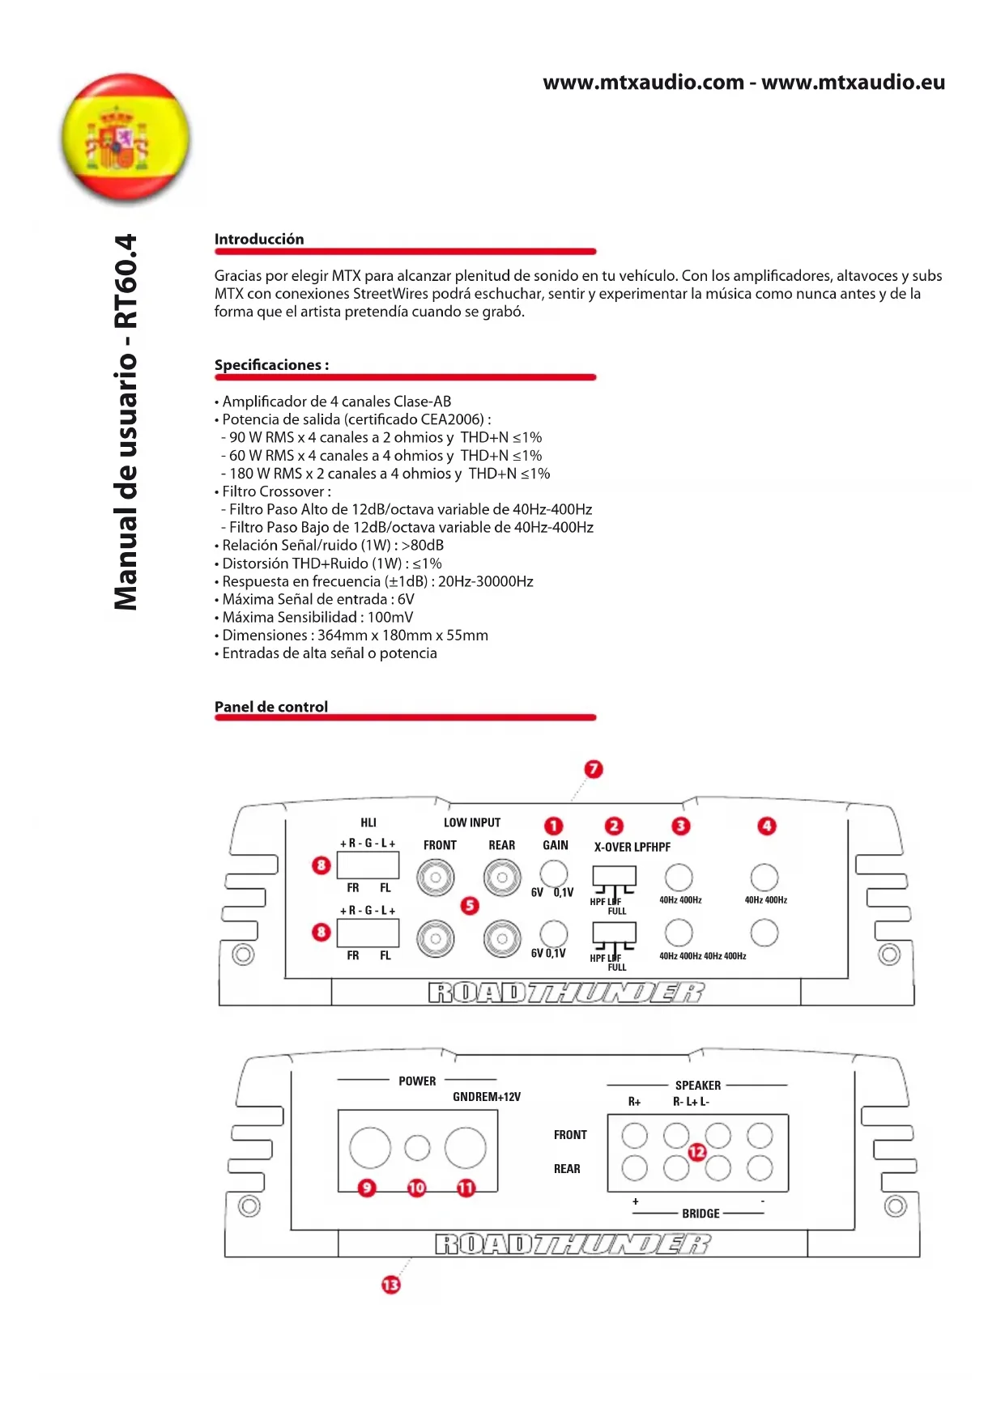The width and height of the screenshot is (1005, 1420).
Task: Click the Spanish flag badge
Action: (126, 138)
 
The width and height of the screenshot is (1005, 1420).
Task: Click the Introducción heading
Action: (259, 239)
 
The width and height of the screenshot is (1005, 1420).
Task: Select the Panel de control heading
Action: (271, 707)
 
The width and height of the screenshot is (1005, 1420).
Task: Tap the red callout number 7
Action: (594, 768)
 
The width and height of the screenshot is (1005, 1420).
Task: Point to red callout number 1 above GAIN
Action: (553, 826)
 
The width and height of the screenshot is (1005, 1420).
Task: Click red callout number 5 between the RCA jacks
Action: (470, 905)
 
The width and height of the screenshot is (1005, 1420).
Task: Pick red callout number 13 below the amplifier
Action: (391, 1285)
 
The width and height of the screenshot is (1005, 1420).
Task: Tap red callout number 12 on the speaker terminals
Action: (696, 1151)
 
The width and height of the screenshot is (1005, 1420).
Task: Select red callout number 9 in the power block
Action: (367, 1188)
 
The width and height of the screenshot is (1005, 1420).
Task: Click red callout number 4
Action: (766, 826)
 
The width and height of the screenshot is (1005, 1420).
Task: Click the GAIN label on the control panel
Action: (556, 845)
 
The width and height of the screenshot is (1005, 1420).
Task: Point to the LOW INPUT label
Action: (472, 823)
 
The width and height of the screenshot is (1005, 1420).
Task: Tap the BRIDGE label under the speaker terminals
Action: (701, 1214)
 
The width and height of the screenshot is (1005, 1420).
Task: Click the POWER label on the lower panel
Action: (417, 1081)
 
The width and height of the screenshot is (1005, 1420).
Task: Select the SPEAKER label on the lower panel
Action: (698, 1086)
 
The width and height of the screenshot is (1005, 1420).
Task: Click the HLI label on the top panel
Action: (368, 823)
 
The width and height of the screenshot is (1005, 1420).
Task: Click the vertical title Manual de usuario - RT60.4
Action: (126, 422)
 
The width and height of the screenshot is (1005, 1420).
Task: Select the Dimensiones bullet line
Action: (355, 636)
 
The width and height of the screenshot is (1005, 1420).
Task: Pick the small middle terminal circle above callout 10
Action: (417, 1147)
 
